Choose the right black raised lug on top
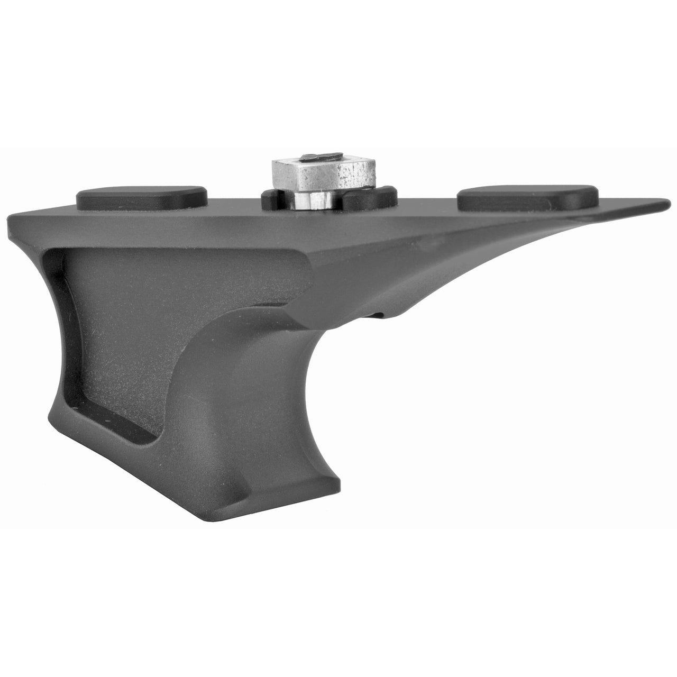[x=528, y=197]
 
